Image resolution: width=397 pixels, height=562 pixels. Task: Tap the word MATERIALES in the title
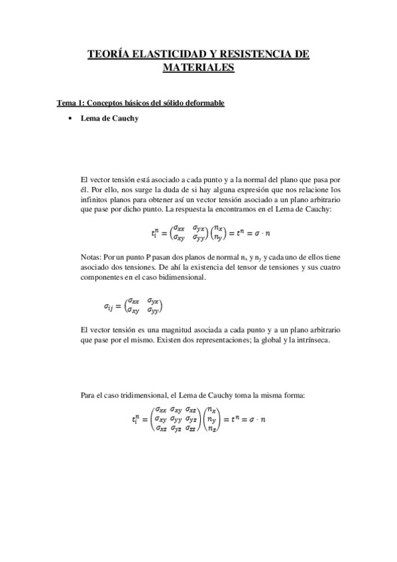[x=198, y=68]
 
